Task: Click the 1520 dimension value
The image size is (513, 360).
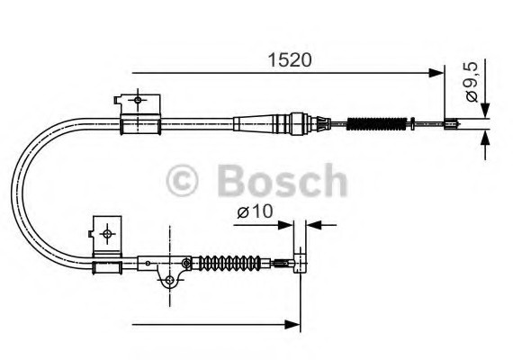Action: [289, 61]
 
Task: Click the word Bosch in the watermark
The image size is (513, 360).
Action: [282, 180]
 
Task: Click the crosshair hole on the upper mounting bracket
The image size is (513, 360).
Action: [137, 100]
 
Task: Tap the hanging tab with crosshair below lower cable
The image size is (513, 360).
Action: [166, 279]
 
